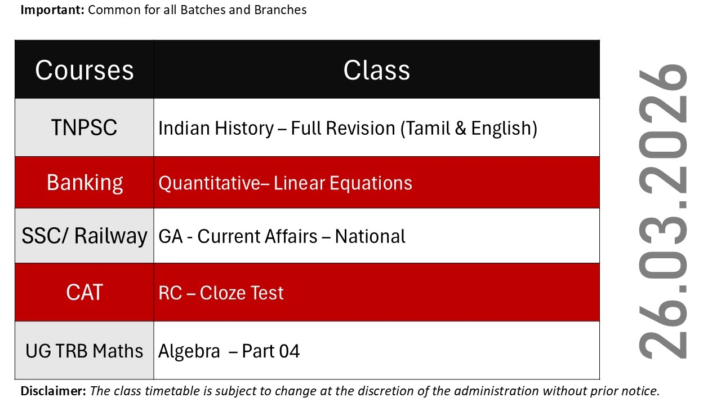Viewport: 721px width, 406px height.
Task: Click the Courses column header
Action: [84, 70]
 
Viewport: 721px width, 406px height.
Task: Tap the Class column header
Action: [377, 70]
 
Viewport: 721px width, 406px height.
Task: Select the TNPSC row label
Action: [84, 127]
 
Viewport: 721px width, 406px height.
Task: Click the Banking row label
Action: [84, 183]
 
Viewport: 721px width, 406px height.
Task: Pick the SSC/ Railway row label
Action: [84, 236]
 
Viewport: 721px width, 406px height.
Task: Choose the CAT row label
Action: [84, 293]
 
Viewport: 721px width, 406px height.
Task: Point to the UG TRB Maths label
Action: [84, 351]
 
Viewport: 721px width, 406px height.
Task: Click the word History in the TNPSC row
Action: [244, 128]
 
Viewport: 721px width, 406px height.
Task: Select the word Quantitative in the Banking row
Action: [209, 183]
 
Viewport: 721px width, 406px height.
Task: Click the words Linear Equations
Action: [343, 183]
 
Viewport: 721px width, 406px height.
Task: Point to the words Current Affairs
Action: [257, 236]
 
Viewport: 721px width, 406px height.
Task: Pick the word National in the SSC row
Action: [370, 236]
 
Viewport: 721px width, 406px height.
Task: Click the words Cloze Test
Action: [242, 293]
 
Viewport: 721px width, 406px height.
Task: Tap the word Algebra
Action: [189, 351]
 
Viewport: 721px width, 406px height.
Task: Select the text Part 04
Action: [271, 351]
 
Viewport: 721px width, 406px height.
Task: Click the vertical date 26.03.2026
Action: [662, 211]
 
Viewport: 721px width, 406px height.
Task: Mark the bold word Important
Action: [52, 10]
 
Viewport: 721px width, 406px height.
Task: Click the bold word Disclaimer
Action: [54, 391]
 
